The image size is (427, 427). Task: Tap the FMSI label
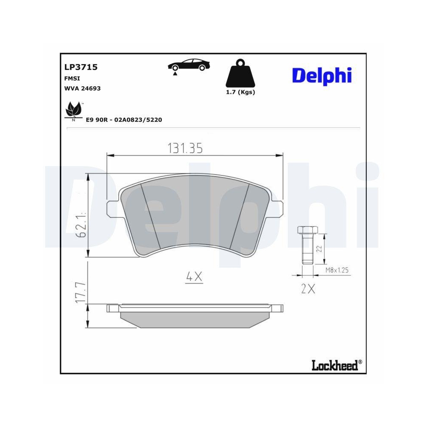pos(72,78)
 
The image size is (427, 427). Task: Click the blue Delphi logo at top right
pos(322,75)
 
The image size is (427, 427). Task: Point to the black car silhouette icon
pos(189,65)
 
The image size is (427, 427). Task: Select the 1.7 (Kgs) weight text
pos(240,92)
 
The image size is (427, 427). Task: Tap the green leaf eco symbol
pos(73,111)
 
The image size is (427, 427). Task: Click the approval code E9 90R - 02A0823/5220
pos(124,120)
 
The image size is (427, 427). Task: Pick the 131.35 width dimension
pos(184,148)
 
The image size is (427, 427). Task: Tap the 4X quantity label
pos(194,277)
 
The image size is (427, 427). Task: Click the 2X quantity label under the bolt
pos(307,289)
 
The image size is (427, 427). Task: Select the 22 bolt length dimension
pos(319,249)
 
